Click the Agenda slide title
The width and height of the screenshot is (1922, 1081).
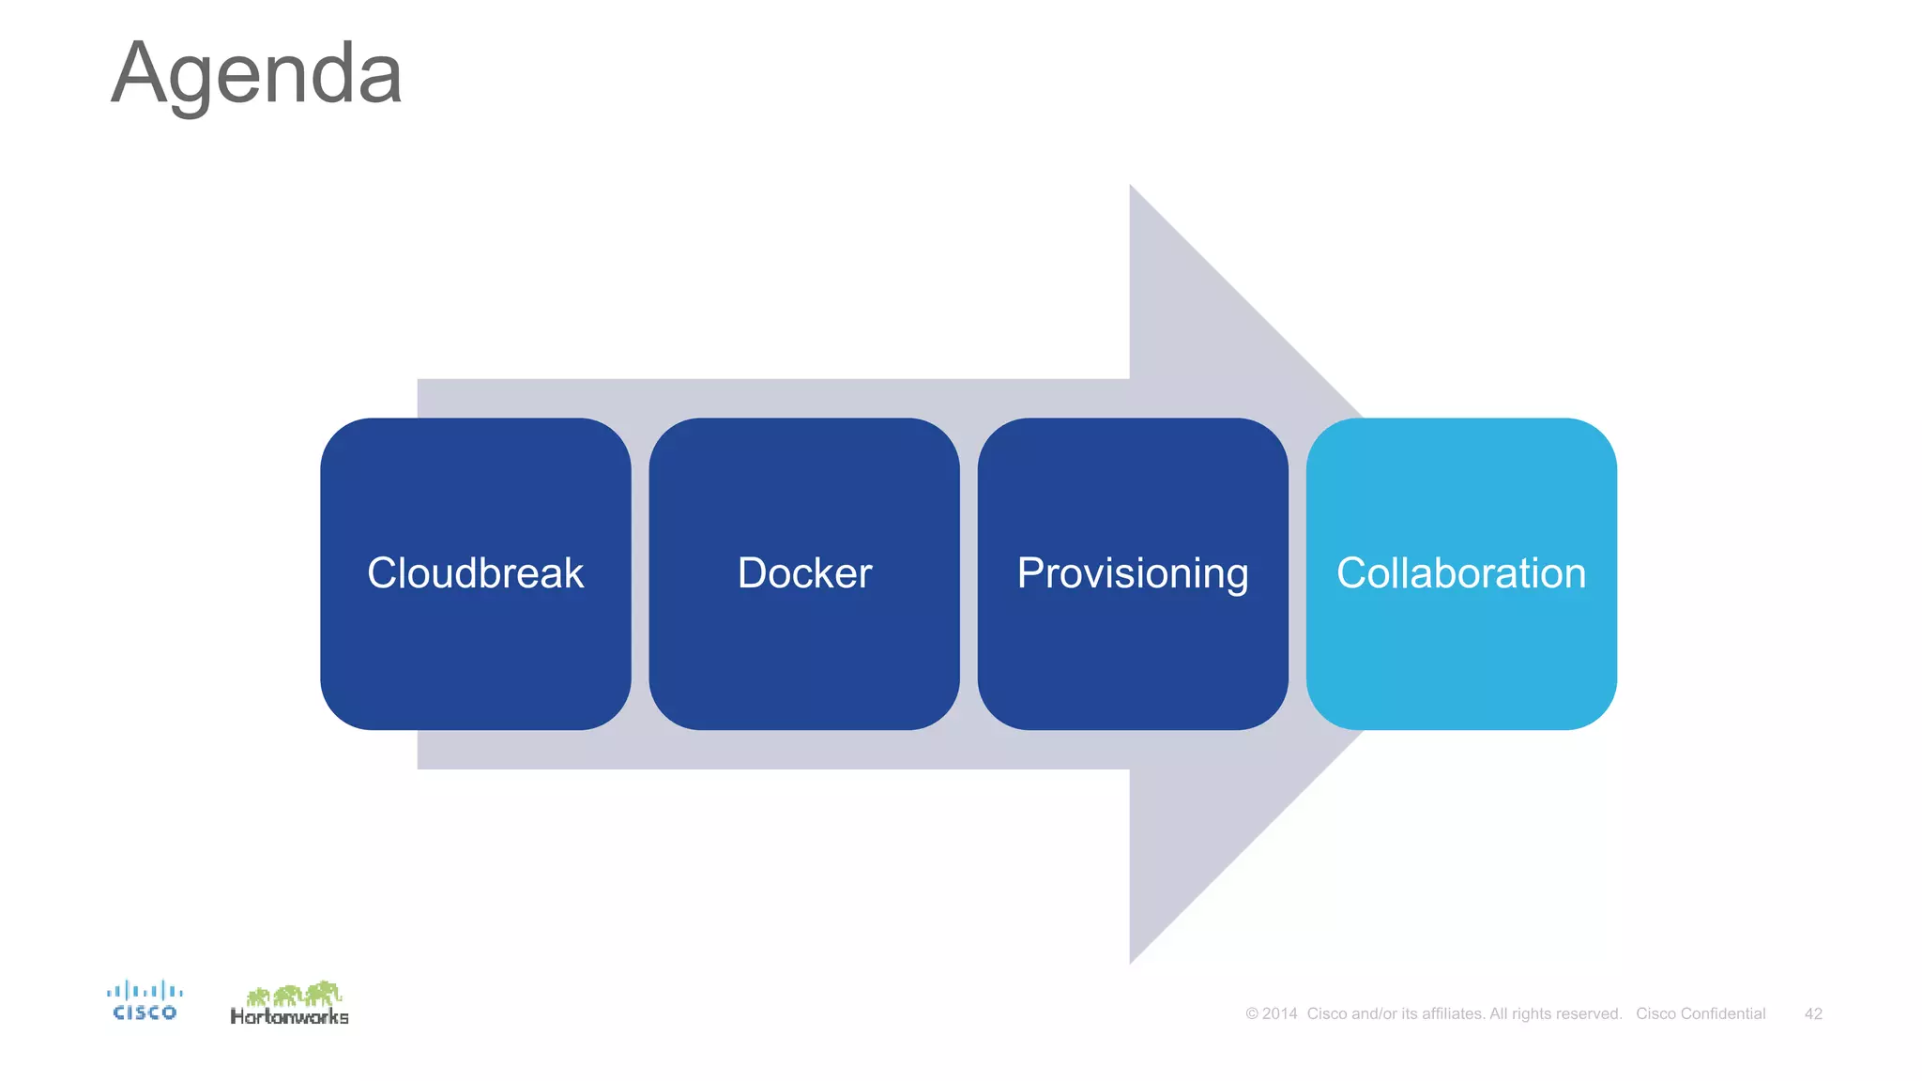[256, 75]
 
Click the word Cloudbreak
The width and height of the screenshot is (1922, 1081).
[475, 573]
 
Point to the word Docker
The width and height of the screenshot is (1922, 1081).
[804, 573]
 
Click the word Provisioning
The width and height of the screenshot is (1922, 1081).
[1132, 574]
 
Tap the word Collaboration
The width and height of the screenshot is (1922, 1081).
[1460, 573]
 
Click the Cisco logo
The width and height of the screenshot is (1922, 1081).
[145, 1000]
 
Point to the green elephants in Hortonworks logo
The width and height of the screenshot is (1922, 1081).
[295, 993]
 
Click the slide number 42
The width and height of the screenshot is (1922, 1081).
[1812, 1013]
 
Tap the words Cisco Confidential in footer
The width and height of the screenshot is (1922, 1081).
[1700, 1013]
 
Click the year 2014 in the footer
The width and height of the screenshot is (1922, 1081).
[1279, 1013]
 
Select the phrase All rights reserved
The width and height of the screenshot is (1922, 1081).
[1555, 1013]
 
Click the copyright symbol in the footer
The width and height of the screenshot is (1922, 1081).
[1251, 1013]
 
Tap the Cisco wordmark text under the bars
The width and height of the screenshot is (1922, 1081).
[145, 1012]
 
